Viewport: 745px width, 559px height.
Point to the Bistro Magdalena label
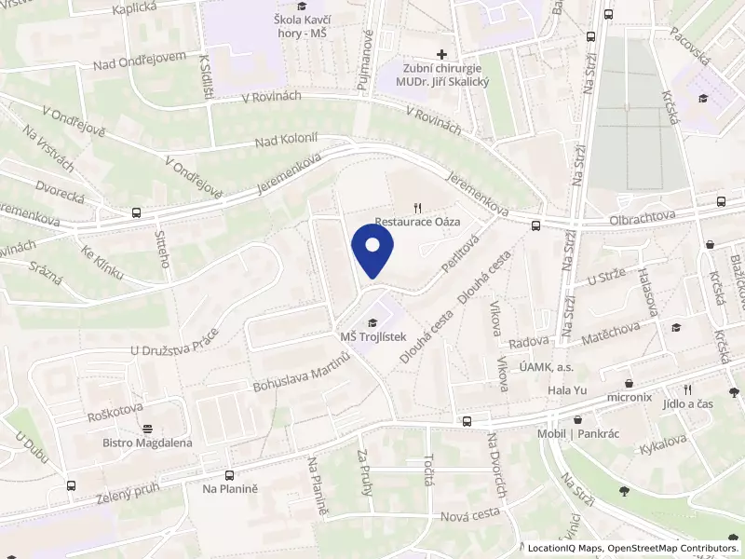tap(147, 443)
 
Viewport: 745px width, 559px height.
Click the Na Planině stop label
tap(229, 487)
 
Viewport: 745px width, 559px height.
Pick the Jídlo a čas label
tap(687, 403)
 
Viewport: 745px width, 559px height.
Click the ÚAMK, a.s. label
tap(547, 369)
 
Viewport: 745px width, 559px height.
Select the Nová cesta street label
tap(470, 514)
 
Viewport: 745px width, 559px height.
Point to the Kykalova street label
tap(662, 443)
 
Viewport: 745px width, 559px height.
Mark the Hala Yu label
tap(565, 390)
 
